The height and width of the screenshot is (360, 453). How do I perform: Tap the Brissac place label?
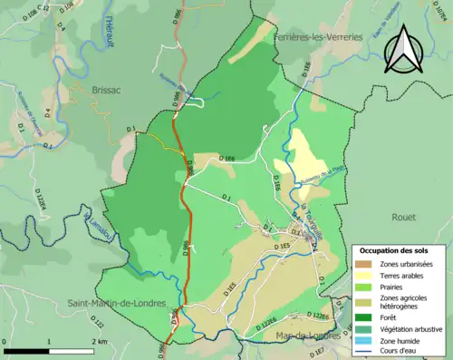point(106,90)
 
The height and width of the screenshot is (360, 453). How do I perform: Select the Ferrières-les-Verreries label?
point(317,36)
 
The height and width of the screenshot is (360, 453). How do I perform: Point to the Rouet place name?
point(402,218)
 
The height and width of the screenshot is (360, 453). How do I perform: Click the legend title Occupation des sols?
point(396,250)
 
